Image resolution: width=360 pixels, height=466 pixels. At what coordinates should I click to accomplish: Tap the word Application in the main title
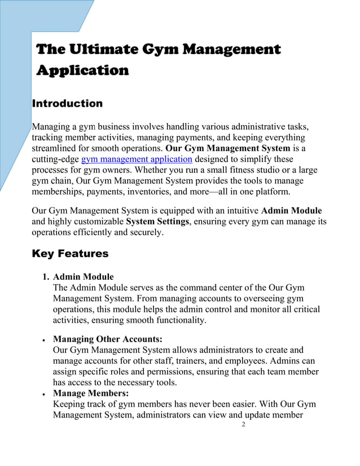[82, 71]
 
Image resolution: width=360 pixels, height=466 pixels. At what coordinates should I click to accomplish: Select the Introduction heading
[67, 104]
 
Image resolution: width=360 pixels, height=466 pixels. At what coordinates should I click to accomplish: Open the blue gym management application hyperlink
[137, 159]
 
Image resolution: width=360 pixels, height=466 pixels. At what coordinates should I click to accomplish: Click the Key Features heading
[70, 254]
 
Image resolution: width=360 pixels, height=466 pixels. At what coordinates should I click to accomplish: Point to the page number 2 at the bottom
[243, 424]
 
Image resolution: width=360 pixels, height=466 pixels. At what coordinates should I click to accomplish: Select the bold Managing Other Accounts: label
[107, 339]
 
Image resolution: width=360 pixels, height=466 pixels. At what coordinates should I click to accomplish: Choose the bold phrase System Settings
[159, 221]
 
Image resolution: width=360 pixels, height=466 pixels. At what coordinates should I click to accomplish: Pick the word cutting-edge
[55, 159]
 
